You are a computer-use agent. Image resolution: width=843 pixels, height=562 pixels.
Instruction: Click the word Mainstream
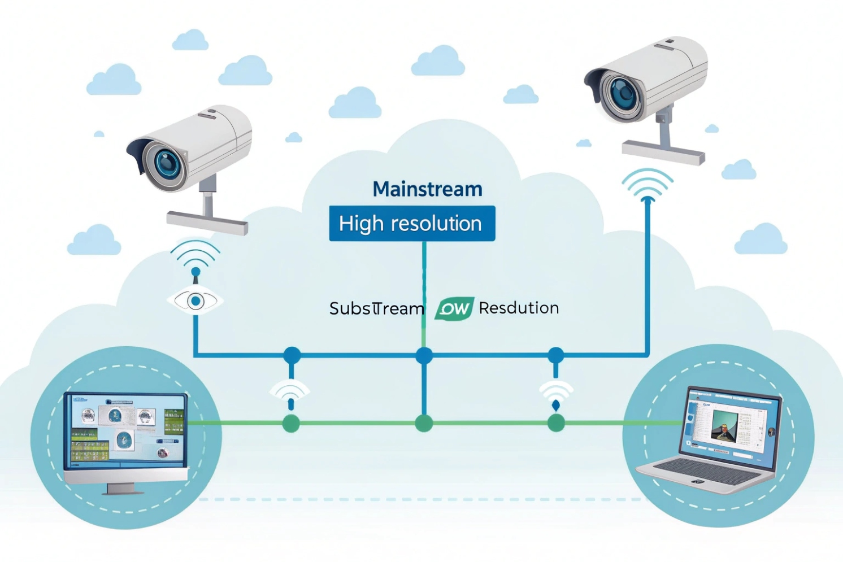coord(427,189)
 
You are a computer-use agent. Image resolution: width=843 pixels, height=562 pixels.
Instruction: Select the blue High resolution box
coord(412,224)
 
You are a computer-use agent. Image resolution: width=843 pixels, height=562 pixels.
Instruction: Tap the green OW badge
coord(454,308)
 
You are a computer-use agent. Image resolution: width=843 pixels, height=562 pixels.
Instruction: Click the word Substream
coord(376,308)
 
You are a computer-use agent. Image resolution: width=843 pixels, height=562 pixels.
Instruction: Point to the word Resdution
coord(519,308)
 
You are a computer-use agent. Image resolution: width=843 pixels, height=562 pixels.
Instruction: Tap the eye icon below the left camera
coord(195,301)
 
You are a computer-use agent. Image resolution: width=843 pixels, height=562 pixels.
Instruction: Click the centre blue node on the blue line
coord(424,356)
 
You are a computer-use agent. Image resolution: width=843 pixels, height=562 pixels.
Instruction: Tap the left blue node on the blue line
coord(292,356)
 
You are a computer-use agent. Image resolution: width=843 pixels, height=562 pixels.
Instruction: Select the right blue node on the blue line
coord(556,356)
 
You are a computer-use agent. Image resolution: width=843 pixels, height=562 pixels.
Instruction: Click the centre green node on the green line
coord(424,423)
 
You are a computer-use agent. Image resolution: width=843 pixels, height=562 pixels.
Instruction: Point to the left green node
coord(291,423)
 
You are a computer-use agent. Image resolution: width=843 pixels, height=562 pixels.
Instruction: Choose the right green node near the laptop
coord(556,423)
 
